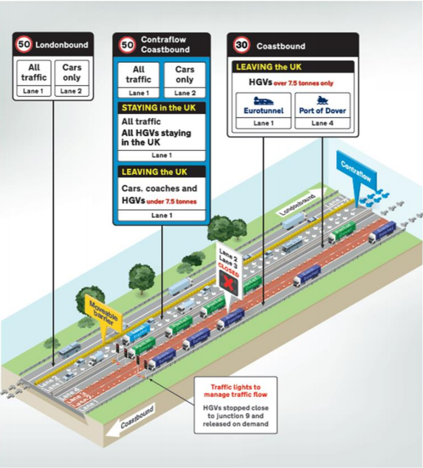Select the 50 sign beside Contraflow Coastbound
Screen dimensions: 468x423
[126, 45]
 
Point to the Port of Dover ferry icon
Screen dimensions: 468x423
[321, 100]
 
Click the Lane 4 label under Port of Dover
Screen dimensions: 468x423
[321, 123]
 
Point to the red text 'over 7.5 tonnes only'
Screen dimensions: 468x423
[305, 82]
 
